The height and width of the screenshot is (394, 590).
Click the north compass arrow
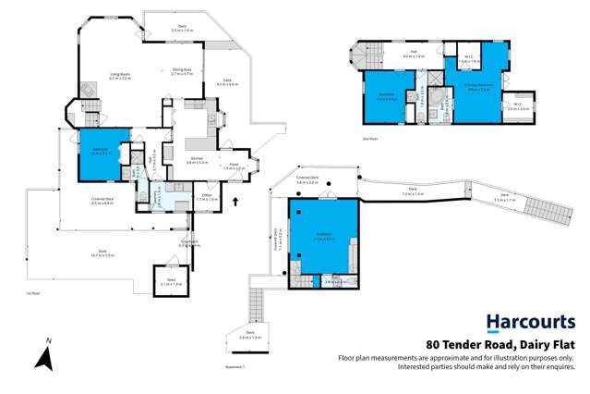[42, 355]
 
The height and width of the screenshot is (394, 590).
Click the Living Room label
[95, 77]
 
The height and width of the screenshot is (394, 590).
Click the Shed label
[170, 281]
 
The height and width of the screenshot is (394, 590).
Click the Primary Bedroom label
[477, 88]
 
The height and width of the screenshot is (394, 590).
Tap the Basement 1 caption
[236, 366]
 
